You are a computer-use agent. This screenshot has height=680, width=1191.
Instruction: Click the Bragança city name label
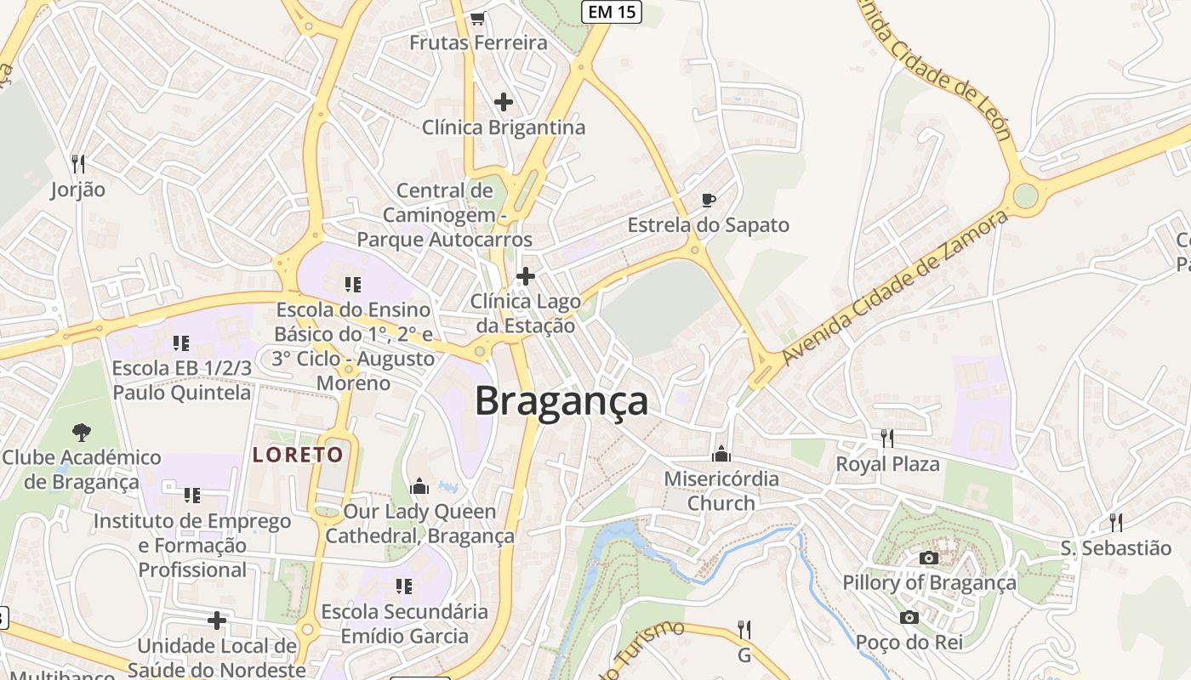pyautogui.click(x=561, y=400)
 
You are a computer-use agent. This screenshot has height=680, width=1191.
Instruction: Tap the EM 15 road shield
pyautogui.click(x=611, y=12)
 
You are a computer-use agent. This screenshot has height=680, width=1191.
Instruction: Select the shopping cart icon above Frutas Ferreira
pyautogui.click(x=478, y=18)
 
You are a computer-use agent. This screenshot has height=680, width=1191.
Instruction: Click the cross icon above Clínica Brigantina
pyautogui.click(x=504, y=102)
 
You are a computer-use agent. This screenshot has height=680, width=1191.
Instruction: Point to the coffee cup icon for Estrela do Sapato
pyautogui.click(x=708, y=200)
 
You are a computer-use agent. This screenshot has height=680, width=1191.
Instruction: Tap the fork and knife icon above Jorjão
pyautogui.click(x=77, y=162)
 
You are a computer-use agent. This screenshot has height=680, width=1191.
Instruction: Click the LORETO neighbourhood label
pyautogui.click(x=298, y=455)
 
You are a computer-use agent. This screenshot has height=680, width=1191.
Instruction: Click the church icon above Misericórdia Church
pyautogui.click(x=721, y=453)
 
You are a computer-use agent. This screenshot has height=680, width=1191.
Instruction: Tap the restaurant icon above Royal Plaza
pyautogui.click(x=887, y=439)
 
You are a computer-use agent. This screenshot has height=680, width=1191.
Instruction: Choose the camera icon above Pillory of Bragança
pyautogui.click(x=929, y=558)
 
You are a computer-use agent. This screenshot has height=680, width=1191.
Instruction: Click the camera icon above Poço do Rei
pyautogui.click(x=909, y=617)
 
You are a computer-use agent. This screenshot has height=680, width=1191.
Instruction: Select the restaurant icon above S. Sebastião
pyautogui.click(x=1115, y=522)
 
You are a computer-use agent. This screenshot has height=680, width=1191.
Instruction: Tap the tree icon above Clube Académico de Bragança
pyautogui.click(x=82, y=433)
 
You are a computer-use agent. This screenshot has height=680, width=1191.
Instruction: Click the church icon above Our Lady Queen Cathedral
pyautogui.click(x=419, y=486)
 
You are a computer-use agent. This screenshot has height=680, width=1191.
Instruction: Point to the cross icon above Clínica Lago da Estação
pyautogui.click(x=526, y=276)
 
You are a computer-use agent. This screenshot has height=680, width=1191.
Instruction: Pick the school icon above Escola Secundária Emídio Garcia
pyautogui.click(x=404, y=586)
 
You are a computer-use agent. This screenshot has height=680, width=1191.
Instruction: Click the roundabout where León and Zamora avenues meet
pyautogui.click(x=1026, y=195)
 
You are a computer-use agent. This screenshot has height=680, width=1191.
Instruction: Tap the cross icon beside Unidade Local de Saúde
pyautogui.click(x=217, y=620)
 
